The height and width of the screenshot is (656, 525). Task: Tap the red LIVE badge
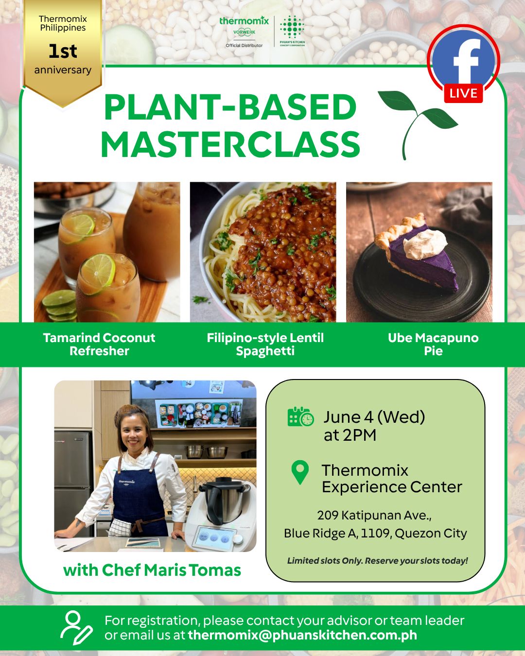pos(463,93)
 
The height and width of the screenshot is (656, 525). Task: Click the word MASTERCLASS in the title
pos(230,144)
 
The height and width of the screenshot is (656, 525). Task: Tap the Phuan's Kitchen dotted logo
pos(292,31)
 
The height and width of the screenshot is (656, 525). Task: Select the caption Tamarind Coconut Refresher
pos(99,344)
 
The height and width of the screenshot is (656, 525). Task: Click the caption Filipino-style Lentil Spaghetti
pos(265,344)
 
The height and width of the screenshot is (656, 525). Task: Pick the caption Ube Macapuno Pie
pos(433,344)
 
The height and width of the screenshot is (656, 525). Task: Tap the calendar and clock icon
pos(300,416)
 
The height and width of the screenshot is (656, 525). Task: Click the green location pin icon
pos(300,472)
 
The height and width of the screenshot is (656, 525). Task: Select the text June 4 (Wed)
pos(374,417)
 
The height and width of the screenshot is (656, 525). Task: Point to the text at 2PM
pos(350,435)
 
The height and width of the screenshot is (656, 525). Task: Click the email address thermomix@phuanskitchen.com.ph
pos(302,635)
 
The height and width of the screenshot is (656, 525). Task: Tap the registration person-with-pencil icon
pos(76,628)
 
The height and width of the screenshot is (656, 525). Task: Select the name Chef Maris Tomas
pos(171,570)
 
